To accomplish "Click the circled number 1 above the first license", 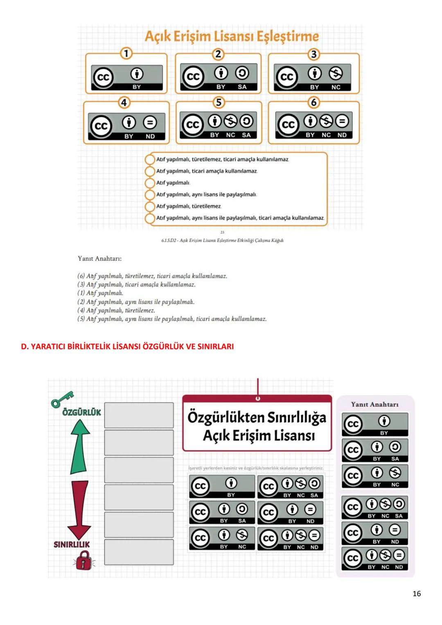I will tap(126, 53).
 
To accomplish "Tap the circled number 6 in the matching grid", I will tap(314, 102).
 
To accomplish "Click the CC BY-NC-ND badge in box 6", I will tap(313, 126).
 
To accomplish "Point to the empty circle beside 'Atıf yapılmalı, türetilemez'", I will tap(150, 206).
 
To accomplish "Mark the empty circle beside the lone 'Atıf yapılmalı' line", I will tap(150, 183).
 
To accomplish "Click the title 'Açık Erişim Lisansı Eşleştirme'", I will tap(232, 36).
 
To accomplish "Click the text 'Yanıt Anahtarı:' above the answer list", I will tap(99, 258).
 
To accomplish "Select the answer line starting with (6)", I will tap(152, 276).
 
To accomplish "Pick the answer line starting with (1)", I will tap(100, 293).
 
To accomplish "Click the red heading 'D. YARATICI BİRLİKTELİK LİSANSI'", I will tap(127, 346).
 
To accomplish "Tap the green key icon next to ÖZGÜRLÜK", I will tap(62, 399).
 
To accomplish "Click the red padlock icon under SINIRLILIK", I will tap(83, 560).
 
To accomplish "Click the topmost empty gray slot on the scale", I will tap(139, 415).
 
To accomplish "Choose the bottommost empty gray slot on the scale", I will tap(139, 552).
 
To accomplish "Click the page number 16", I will tap(417, 593).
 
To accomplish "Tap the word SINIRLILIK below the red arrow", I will tap(72, 544).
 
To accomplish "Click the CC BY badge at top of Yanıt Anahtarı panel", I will tap(375, 424).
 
